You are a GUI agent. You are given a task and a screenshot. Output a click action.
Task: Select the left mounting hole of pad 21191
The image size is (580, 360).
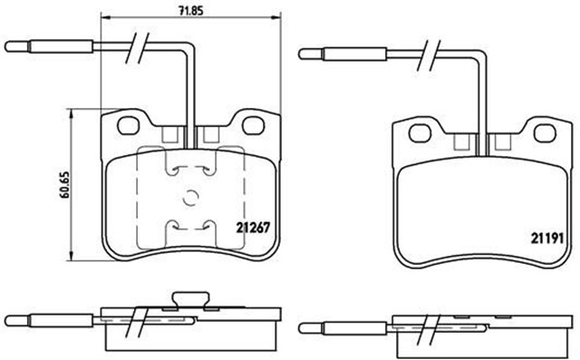click(x=420, y=133)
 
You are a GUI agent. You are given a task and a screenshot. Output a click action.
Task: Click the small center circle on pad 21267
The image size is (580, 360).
click(x=188, y=198)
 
